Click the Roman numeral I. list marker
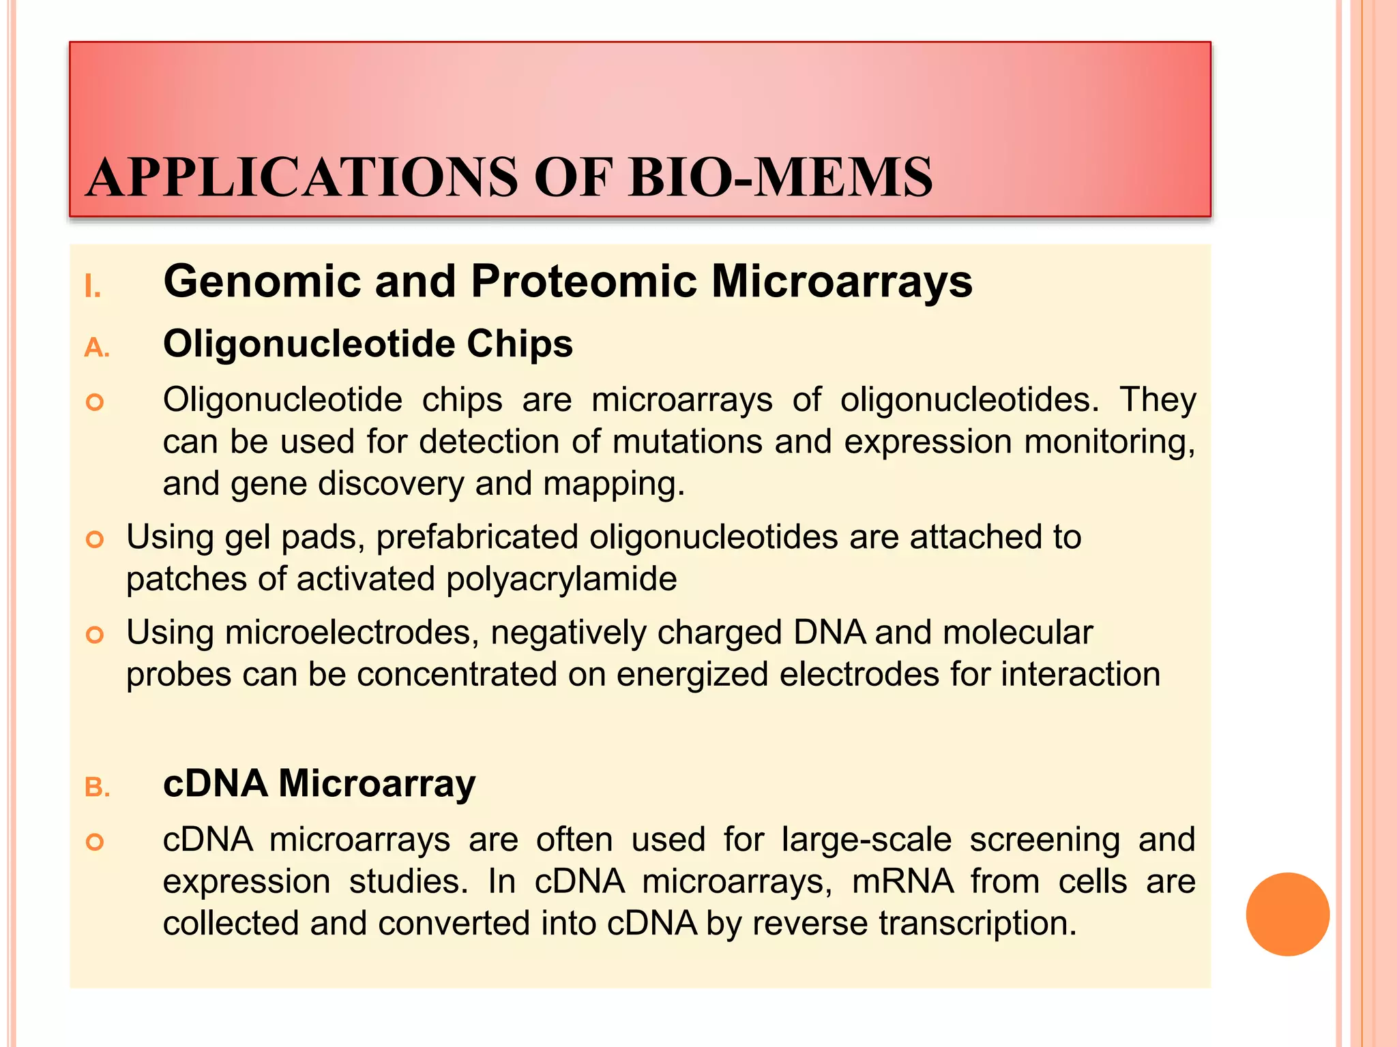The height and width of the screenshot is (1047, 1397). [x=93, y=287]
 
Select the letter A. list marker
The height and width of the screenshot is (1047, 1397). [x=97, y=348]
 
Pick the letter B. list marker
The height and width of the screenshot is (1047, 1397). [x=97, y=787]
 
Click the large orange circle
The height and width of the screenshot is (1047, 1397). [x=1287, y=914]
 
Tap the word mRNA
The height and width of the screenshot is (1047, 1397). [x=902, y=881]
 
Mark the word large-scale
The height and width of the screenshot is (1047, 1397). [x=866, y=839]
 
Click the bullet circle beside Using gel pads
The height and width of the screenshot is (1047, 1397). [x=95, y=540]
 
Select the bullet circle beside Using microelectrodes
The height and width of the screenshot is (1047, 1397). [x=95, y=635]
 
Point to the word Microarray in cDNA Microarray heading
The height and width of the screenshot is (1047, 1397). [x=377, y=783]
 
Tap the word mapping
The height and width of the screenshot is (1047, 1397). [x=613, y=485]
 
